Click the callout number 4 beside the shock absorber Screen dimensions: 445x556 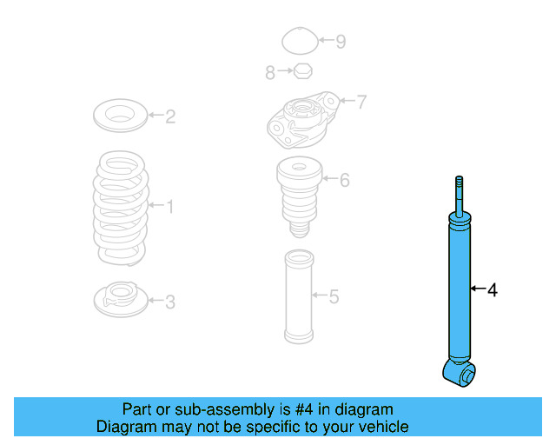(493, 290)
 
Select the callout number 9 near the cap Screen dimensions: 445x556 (341, 41)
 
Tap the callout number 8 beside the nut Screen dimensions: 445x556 (270, 73)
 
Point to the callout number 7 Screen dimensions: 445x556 (361, 102)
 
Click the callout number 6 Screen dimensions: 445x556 (344, 180)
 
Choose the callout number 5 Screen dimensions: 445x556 (334, 297)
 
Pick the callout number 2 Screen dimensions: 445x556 (170, 116)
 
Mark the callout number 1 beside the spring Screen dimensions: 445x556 (170, 206)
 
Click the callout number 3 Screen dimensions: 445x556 (170, 302)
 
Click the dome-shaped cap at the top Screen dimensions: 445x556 (300, 41)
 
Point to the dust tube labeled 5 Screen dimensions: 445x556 (298, 297)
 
